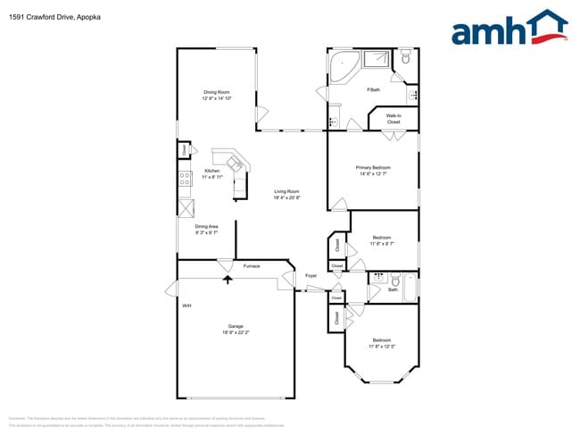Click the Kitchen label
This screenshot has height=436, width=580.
(x=212, y=171)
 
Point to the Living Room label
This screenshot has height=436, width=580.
(x=286, y=191)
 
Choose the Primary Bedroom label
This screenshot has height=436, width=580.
(x=373, y=167)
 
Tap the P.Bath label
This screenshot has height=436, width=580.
(x=374, y=89)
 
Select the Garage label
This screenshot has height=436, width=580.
(x=236, y=326)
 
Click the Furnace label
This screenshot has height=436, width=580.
(x=251, y=265)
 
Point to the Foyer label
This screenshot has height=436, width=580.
(x=311, y=275)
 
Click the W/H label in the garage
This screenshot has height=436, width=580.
(x=187, y=306)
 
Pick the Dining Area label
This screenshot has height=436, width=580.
(x=207, y=227)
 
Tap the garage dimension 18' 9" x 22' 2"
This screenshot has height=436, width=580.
(x=236, y=332)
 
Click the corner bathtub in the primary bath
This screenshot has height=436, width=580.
(x=343, y=65)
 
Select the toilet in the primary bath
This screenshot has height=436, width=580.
(x=406, y=60)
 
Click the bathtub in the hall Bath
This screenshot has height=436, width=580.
(x=410, y=288)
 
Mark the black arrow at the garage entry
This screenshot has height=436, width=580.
(x=227, y=279)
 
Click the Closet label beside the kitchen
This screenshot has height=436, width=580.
(x=185, y=151)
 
